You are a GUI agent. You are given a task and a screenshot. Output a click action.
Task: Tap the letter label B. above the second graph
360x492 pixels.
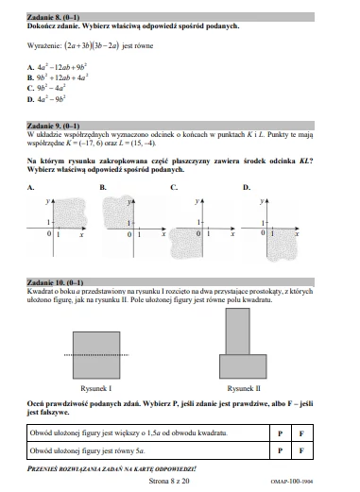(x=103, y=189)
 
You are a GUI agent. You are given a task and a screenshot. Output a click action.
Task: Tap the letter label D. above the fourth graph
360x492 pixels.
(x=247, y=189)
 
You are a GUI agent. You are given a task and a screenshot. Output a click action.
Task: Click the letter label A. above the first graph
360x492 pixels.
(x=31, y=189)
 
